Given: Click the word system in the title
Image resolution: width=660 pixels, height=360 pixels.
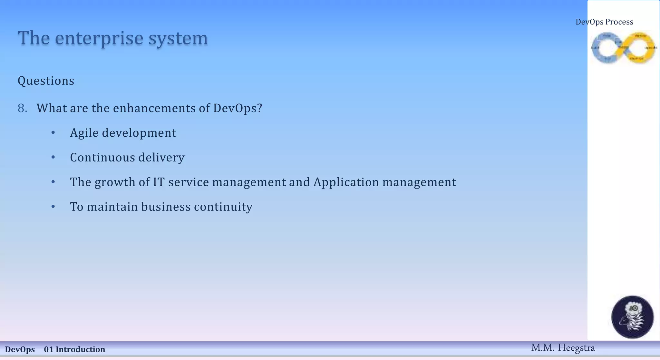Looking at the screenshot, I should [178, 38].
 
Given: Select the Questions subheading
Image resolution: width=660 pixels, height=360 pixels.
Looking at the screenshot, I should [46, 81].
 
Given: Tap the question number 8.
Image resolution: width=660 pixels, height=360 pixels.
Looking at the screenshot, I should [22, 108].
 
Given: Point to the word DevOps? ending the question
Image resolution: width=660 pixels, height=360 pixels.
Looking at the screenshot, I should [238, 108].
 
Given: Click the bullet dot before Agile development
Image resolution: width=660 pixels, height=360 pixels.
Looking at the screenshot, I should [53, 133].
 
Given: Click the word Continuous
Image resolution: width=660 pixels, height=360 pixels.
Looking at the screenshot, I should [102, 158].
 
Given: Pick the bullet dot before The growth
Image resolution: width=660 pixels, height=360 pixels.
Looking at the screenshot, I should [53, 182].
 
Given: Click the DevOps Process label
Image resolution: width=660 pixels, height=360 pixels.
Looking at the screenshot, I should [604, 22].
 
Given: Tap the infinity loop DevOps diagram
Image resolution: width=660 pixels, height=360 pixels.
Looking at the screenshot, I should [624, 48].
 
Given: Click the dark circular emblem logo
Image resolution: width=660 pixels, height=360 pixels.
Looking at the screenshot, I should [632, 317].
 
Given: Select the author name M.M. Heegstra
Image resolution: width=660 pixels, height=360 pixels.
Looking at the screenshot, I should [563, 348].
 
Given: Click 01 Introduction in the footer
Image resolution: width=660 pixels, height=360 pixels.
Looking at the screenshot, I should [74, 349].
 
